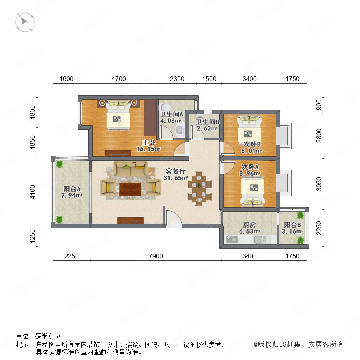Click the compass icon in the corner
(25, 22)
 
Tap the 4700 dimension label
(119, 79)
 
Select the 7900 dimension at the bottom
(156, 256)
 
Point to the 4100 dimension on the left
(33, 192)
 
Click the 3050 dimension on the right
(319, 184)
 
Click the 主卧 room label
(149, 142)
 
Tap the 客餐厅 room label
(176, 171)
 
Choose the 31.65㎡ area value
(176, 178)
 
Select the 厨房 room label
(249, 225)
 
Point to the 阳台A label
(72, 189)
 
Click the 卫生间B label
(208, 122)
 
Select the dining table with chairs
(200, 188)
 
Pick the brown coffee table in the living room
(130, 190)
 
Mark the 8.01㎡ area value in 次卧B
(252, 151)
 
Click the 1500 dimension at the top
(209, 79)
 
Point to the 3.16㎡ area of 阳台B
(292, 231)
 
